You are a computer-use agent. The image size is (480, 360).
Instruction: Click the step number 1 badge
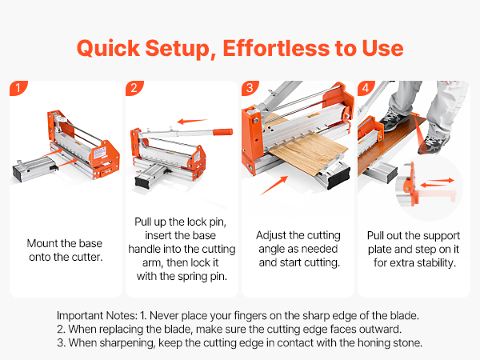click(x=18, y=88)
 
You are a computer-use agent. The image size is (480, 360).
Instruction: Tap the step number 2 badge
click(x=134, y=88)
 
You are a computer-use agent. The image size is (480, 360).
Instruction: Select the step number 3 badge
click(x=250, y=88)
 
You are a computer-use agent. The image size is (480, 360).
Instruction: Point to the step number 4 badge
click(x=366, y=88)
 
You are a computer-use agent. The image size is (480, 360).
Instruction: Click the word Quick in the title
click(x=108, y=48)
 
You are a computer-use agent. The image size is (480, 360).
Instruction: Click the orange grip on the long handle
click(x=223, y=132)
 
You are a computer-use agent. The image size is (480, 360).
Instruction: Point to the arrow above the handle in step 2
click(x=192, y=122)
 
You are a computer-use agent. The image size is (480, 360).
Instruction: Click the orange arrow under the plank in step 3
click(x=274, y=186)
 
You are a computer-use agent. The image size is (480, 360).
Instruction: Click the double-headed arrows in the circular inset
click(x=437, y=182)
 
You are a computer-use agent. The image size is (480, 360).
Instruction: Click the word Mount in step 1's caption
click(x=42, y=243)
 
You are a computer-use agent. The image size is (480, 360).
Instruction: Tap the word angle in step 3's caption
click(x=270, y=250)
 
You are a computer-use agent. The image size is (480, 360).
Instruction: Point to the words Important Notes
click(x=97, y=315)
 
